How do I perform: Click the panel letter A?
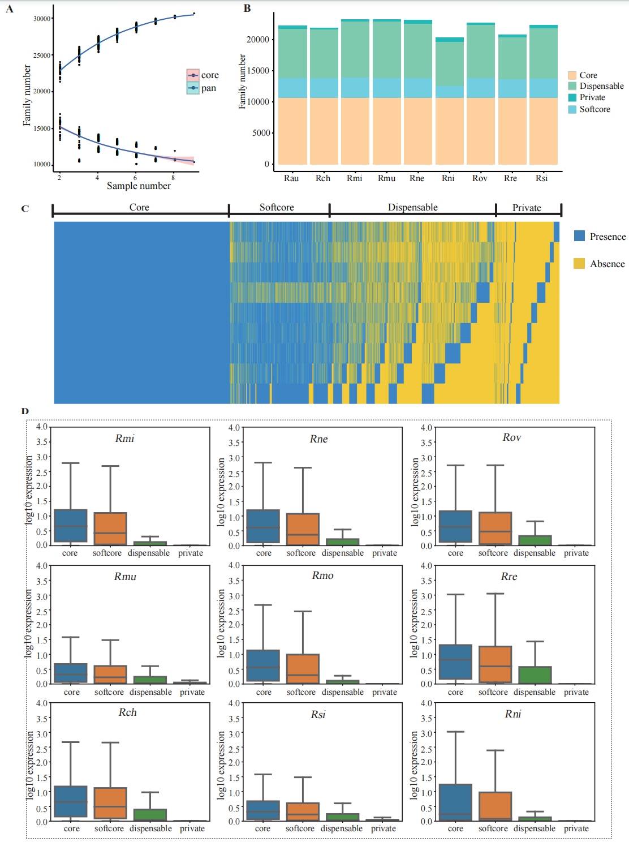[x=10, y=9]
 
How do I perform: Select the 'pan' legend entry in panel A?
[x=208, y=88]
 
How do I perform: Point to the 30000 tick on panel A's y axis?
[x=42, y=19]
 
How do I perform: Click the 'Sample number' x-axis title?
[x=139, y=186]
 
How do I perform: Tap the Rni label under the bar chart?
[x=448, y=178]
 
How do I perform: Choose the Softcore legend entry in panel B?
[x=594, y=109]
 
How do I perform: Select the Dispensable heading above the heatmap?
[x=412, y=207]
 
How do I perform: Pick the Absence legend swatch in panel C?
[x=579, y=264]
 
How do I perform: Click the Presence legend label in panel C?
[x=608, y=237]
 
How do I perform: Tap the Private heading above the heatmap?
[x=527, y=208]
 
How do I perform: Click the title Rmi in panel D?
[x=124, y=439]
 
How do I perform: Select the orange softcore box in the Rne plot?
[x=303, y=529]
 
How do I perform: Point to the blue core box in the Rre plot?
[x=455, y=661]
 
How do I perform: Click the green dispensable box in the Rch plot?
[x=150, y=814]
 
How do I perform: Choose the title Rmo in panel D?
[x=322, y=575]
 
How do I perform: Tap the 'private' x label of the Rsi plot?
[x=384, y=828]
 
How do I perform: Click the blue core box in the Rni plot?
[x=455, y=801]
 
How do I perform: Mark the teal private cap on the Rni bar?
[x=450, y=40]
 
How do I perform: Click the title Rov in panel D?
[x=511, y=437]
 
